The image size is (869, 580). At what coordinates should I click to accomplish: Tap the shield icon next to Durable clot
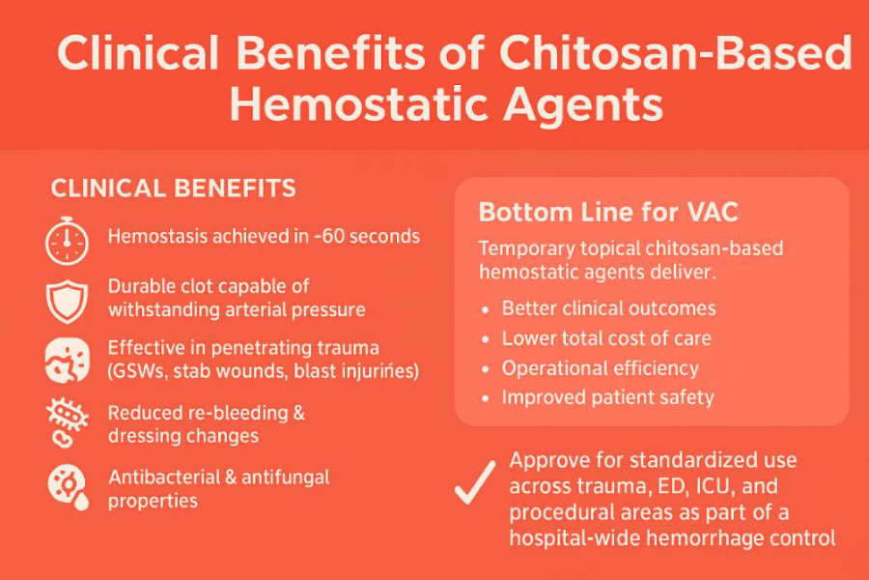click(x=67, y=301)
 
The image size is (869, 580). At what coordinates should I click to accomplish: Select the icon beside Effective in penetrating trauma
click(x=67, y=359)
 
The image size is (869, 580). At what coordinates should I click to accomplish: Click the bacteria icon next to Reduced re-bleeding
click(x=67, y=423)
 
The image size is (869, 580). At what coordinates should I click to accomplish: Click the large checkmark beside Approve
click(x=475, y=482)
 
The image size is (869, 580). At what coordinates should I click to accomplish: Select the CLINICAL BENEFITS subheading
click(x=173, y=188)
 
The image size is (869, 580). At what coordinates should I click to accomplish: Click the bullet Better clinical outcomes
click(x=608, y=308)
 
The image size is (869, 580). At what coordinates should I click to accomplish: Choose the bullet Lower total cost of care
click(x=606, y=338)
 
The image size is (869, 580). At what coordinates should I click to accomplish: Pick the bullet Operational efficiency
click(x=600, y=368)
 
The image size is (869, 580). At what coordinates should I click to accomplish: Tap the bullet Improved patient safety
click(x=607, y=397)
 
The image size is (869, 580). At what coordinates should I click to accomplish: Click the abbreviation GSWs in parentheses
click(x=146, y=371)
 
